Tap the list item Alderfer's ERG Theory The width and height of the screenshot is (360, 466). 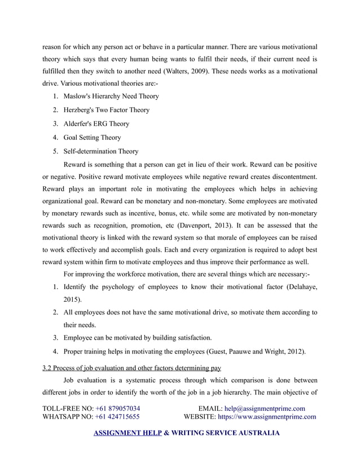click(96, 124)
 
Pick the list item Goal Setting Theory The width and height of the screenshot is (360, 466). click(92, 137)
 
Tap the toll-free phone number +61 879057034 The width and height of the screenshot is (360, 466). click(118, 408)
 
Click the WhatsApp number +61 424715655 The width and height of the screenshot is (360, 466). click(118, 417)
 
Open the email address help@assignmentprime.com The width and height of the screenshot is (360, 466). click(264, 408)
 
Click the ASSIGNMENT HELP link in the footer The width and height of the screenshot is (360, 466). click(126, 434)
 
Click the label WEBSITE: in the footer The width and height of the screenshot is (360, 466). click(200, 417)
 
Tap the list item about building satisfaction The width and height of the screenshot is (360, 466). click(138, 338)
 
